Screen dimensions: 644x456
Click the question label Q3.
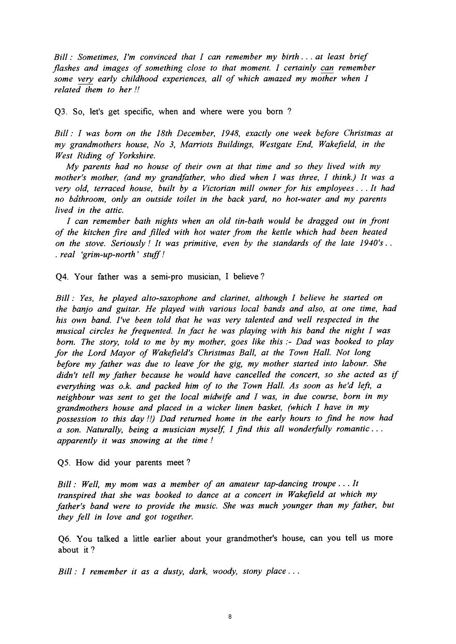pyautogui.click(x=65, y=111)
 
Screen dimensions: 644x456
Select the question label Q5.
pyautogui.click(x=65, y=463)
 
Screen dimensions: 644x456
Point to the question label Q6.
pyautogui.click(x=65, y=538)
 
